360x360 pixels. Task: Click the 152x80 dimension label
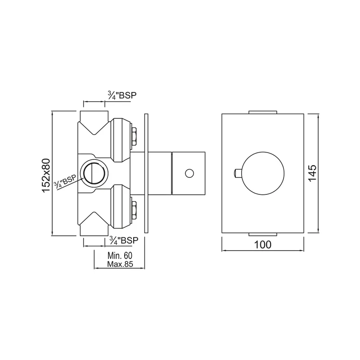[46, 175]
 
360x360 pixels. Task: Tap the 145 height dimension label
[312, 173]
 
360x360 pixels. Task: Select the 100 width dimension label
[263, 245]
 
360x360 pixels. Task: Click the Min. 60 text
[120, 256]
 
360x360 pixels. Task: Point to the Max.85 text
[120, 264]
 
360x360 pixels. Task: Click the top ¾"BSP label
[122, 95]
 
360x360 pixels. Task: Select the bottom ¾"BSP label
[124, 240]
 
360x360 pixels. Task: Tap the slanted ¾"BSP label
[65, 182]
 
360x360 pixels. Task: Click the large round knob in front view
[263, 173]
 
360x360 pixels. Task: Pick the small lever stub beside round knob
[238, 173]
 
